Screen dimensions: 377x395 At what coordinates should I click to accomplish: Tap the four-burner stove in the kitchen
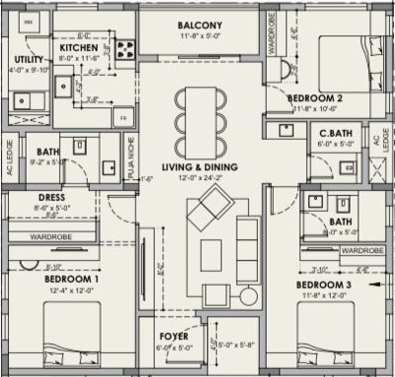pyautogui.click(x=126, y=48)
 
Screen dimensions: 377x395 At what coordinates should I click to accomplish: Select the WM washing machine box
pyautogui.click(x=27, y=21)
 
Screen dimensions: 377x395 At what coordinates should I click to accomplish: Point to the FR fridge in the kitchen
pyautogui.click(x=124, y=116)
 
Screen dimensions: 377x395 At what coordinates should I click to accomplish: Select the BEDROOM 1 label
pyautogui.click(x=71, y=279)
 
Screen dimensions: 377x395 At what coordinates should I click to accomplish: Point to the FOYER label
pyautogui.click(x=173, y=336)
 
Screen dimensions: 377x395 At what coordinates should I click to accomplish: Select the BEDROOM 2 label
pyautogui.click(x=314, y=99)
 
